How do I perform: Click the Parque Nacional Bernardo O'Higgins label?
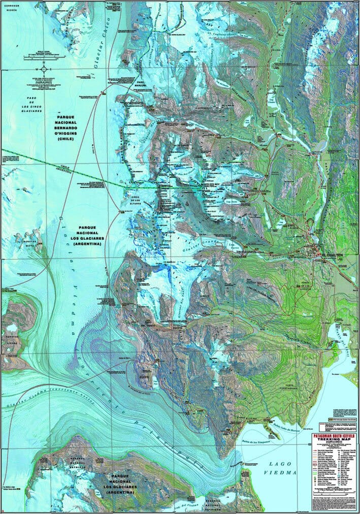coord(73,127)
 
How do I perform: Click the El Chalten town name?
coord(328,255)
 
